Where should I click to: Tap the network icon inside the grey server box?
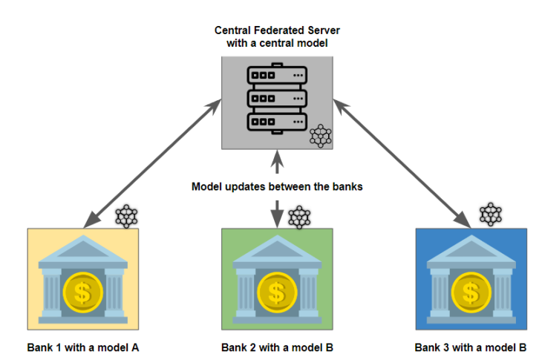tap(320, 136)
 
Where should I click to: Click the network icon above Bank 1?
tap(126, 216)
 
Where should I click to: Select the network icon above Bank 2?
tap(298, 217)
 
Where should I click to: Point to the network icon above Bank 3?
tap(491, 214)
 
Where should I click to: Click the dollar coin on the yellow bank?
tap(83, 292)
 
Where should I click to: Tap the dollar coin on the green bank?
tap(277, 292)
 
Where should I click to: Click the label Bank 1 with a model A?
tap(83, 347)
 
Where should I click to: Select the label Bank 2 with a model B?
tap(277, 347)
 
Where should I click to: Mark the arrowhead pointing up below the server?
tap(277, 158)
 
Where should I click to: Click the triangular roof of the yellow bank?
tap(83, 249)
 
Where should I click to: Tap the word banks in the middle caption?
tap(347, 187)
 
